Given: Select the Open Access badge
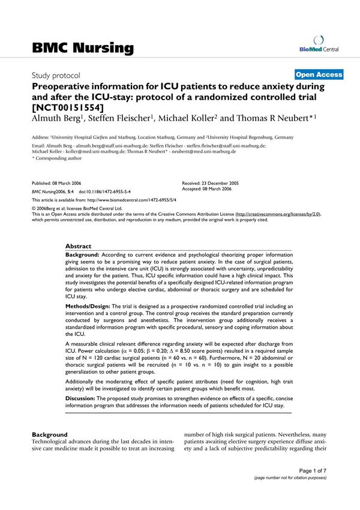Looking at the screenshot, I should (319, 74).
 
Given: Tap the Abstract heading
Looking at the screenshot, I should (79, 246).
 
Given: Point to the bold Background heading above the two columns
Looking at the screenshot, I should (49, 434).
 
